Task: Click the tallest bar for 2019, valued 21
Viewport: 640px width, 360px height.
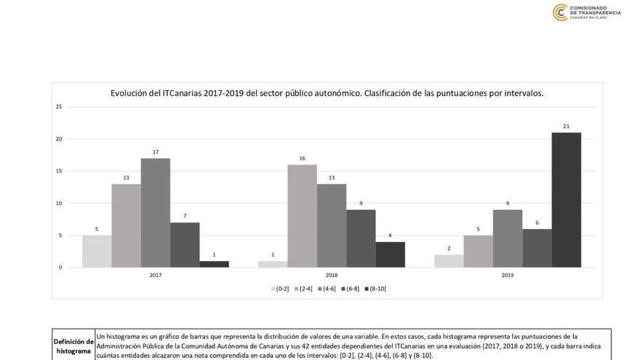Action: [566, 200]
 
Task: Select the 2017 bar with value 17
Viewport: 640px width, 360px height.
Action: [156, 212]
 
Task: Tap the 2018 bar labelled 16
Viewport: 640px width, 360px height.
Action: [302, 216]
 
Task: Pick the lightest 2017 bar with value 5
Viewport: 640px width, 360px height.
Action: [97, 251]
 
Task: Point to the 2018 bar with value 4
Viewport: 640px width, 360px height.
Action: [390, 255]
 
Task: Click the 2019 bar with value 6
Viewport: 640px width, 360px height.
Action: [537, 248]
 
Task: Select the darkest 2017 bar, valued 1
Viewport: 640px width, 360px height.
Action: [214, 264]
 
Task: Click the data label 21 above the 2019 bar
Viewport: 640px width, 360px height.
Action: [566, 127]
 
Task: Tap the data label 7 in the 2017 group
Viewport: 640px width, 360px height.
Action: [185, 217]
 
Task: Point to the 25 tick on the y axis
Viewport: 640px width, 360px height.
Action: [59, 107]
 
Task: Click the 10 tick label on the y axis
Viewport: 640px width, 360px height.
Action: [59, 203]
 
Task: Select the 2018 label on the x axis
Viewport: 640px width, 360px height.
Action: [332, 276]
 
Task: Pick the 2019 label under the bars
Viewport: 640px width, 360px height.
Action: [508, 276]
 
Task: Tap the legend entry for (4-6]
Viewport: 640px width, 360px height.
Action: [327, 289]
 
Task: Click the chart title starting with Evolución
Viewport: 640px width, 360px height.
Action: [327, 93]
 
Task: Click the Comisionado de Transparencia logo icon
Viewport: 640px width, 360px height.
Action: [560, 12]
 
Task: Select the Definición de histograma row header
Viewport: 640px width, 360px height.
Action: [73, 345]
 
